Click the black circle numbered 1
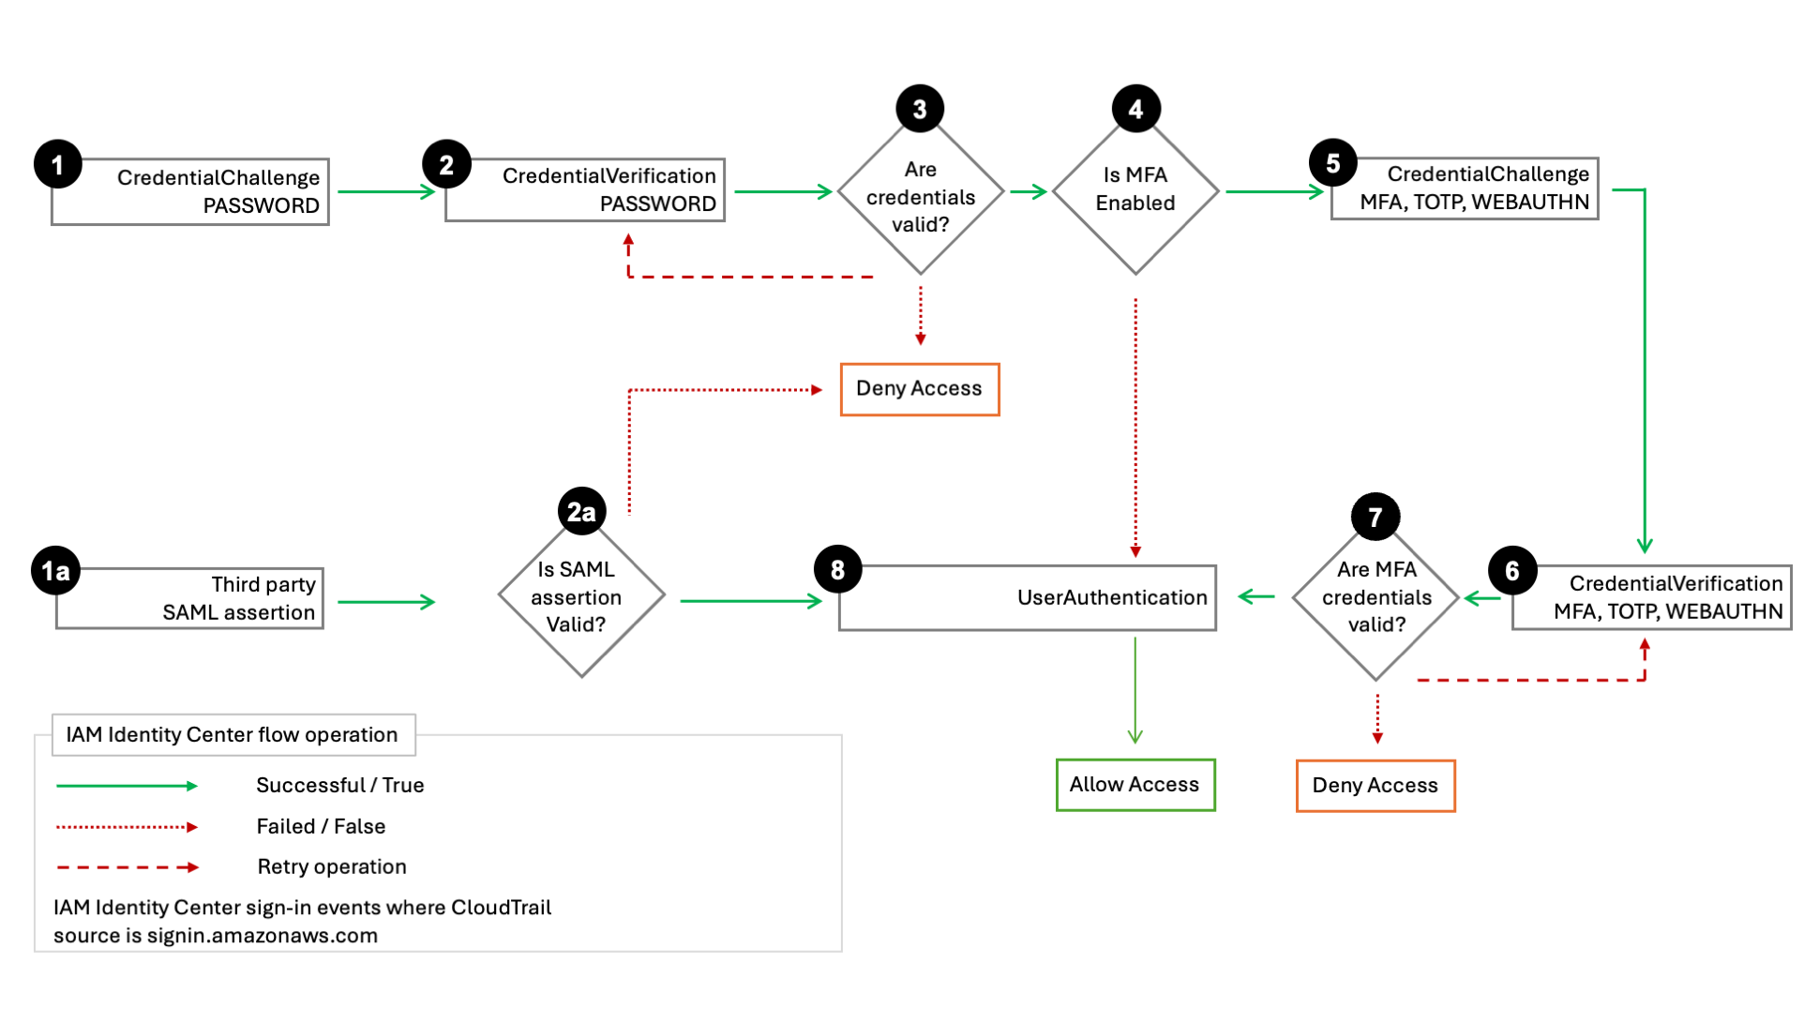tap(57, 165)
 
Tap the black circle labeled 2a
tap(581, 512)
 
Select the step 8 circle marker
tap(837, 569)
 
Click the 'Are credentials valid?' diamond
tap(920, 197)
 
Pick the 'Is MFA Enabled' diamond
tap(1135, 190)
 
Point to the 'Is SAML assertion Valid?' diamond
tap(580, 596)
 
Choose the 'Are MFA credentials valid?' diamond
tap(1376, 598)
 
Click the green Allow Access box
tap(1135, 785)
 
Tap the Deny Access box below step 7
tap(1375, 786)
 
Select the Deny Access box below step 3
tap(919, 389)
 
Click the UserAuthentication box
tap(1028, 598)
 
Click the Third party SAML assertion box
tap(190, 598)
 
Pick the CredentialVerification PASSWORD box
tap(585, 190)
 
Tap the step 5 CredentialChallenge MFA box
tap(1465, 188)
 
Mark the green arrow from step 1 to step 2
tap(385, 192)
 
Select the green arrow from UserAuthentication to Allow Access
tap(1135, 689)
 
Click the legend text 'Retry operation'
tap(332, 866)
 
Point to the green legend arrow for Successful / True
tap(127, 786)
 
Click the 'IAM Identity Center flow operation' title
tap(232, 735)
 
